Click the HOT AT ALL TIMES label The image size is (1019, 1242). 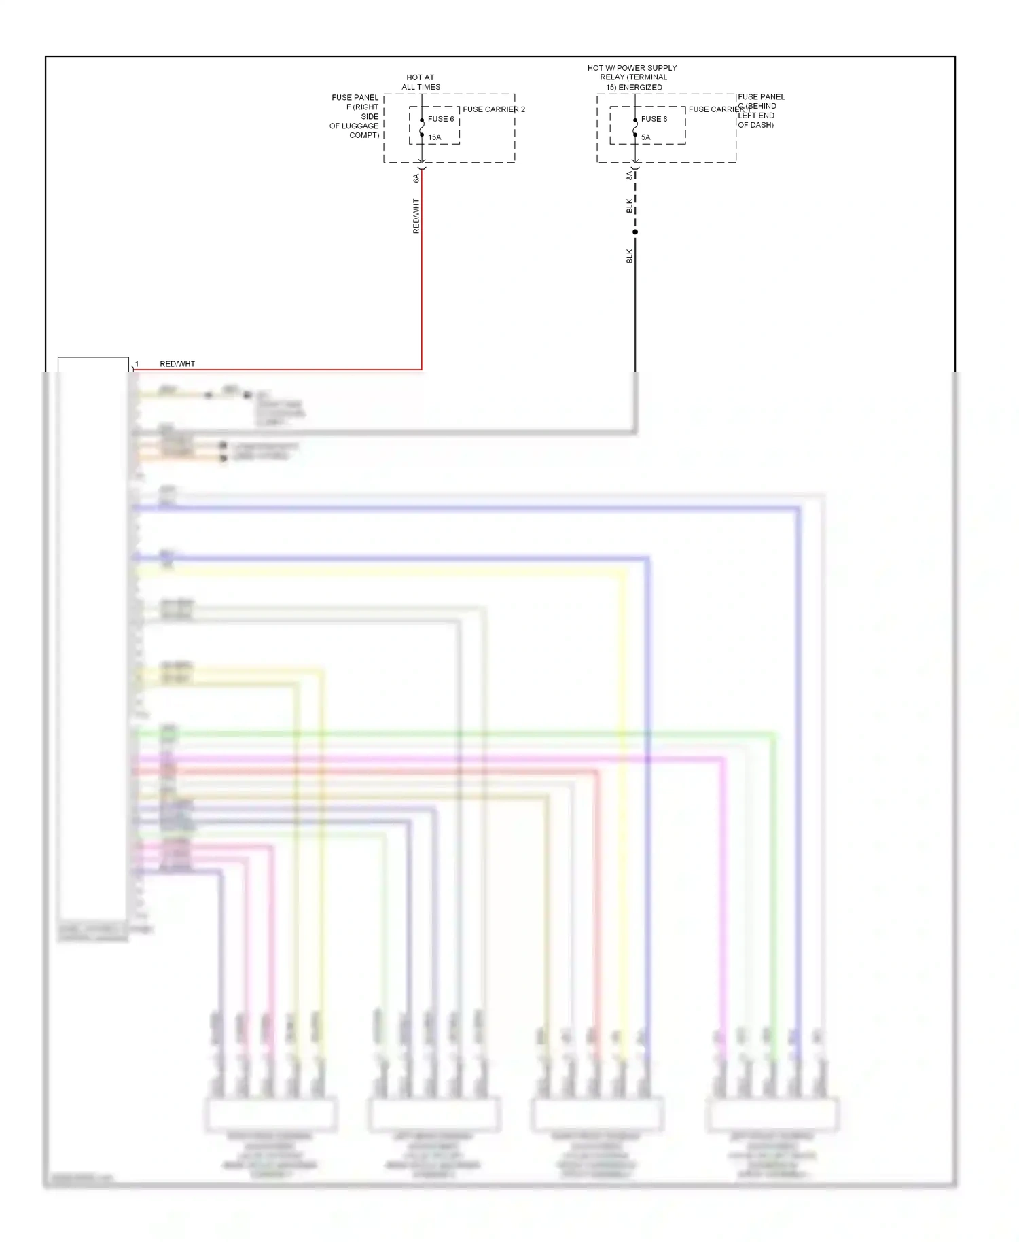pyautogui.click(x=421, y=82)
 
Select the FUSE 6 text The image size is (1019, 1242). pyautogui.click(x=441, y=119)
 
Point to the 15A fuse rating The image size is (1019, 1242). pyautogui.click(x=435, y=137)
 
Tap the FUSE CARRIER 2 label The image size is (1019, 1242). pyautogui.click(x=494, y=109)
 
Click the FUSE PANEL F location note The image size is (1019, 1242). pyautogui.click(x=355, y=116)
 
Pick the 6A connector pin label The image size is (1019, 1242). pyautogui.click(x=416, y=178)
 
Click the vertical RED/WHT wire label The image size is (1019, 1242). pyautogui.click(x=416, y=216)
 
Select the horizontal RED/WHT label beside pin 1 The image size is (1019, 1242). pyautogui.click(x=177, y=364)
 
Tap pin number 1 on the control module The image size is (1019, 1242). pyautogui.click(x=137, y=364)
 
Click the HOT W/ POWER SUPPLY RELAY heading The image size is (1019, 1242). pyautogui.click(x=632, y=77)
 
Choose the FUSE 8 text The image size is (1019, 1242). pyautogui.click(x=654, y=119)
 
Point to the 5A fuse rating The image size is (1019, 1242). pyautogui.click(x=645, y=137)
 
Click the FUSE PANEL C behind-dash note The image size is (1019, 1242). pyautogui.click(x=759, y=111)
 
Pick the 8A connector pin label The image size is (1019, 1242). pyautogui.click(x=630, y=175)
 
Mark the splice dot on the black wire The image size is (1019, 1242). pyautogui.click(x=635, y=232)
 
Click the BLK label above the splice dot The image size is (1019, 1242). pyautogui.click(x=630, y=205)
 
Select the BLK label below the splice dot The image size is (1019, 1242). pyautogui.click(x=630, y=256)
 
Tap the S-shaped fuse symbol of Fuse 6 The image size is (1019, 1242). pyautogui.click(x=422, y=127)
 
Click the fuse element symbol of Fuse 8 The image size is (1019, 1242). pyautogui.click(x=635, y=127)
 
